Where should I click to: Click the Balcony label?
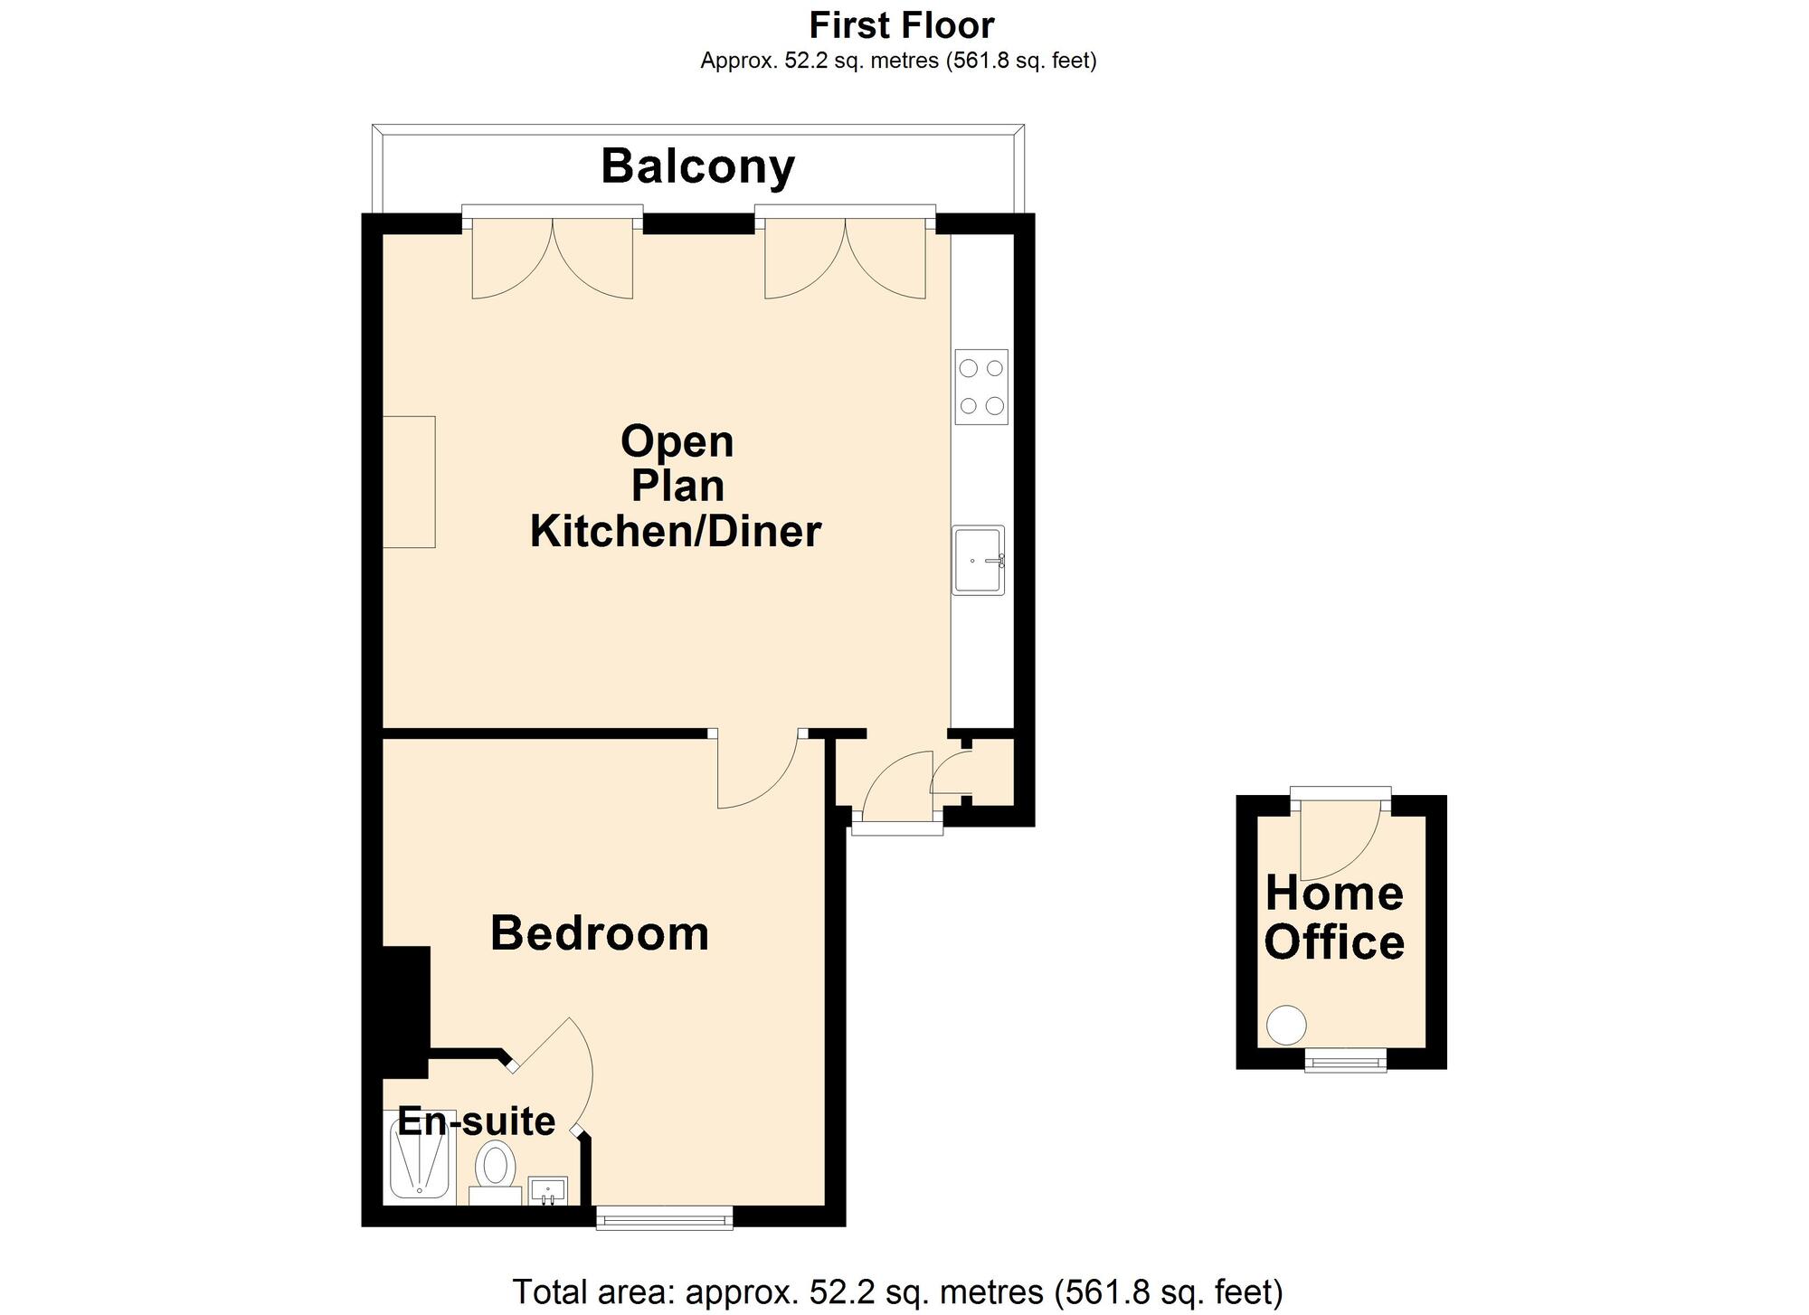(x=697, y=166)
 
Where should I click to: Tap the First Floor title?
(x=902, y=25)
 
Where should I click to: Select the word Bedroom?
(x=600, y=933)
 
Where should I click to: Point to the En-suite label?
(x=477, y=1121)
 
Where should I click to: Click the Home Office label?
(x=1334, y=918)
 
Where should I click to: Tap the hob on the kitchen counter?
(x=981, y=387)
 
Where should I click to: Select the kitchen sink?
(x=979, y=561)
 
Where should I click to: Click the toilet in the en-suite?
(x=495, y=1172)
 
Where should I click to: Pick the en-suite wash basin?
(x=548, y=1191)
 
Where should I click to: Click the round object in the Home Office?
(x=1286, y=1026)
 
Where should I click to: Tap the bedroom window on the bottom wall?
(x=665, y=1218)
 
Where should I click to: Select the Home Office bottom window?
(x=1346, y=1060)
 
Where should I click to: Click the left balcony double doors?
(x=553, y=258)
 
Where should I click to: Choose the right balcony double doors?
(x=846, y=258)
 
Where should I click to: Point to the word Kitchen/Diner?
(x=676, y=531)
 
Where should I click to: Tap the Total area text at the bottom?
(x=898, y=1291)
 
